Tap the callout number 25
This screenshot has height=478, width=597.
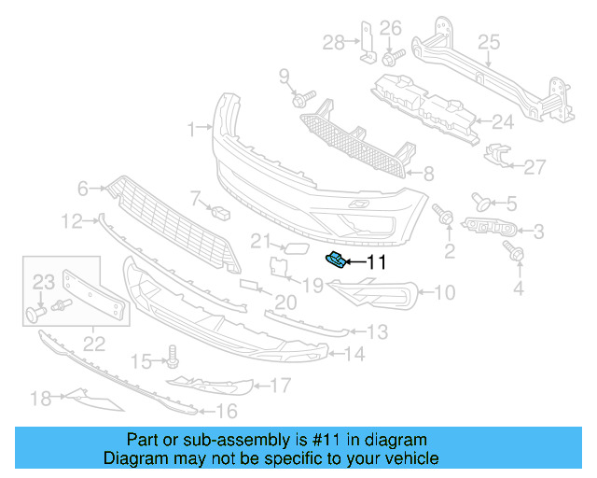[x=490, y=42]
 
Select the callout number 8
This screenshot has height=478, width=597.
[x=428, y=173]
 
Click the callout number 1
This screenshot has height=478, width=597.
[x=191, y=129]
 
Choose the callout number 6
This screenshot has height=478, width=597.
[x=83, y=189]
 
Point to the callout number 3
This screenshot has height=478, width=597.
[x=538, y=231]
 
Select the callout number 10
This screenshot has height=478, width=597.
[x=444, y=293]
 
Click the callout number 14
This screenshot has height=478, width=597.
[x=354, y=354]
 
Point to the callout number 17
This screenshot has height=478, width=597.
[x=280, y=385]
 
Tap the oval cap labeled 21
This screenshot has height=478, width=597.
[x=292, y=246]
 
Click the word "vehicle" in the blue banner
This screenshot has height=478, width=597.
[x=407, y=458]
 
